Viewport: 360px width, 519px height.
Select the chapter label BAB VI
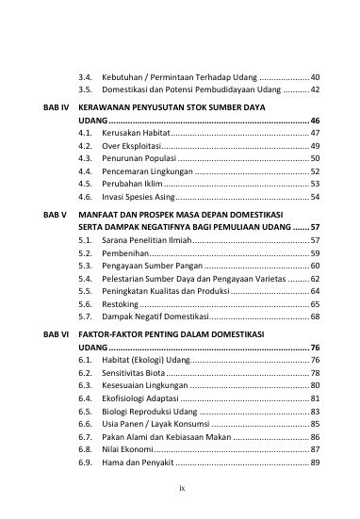pyautogui.click(x=56, y=333)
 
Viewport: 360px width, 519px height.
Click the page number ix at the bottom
pyautogui.click(x=180, y=489)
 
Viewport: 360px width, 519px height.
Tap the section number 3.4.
pyautogui.click(x=86, y=74)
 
